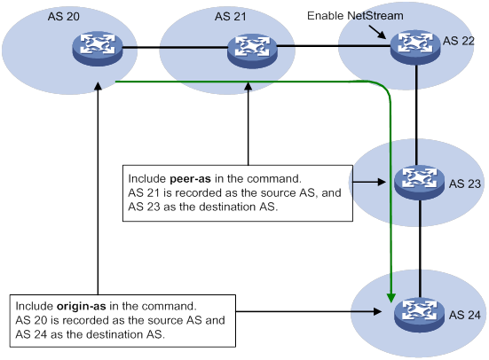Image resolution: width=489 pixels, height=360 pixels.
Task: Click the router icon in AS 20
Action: click(x=98, y=48)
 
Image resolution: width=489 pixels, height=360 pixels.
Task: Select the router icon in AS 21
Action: click(x=252, y=51)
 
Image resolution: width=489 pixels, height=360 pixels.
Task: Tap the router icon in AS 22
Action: click(x=415, y=47)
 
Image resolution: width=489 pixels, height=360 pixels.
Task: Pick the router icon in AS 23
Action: click(x=420, y=183)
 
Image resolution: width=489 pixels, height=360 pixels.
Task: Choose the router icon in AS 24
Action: click(x=420, y=316)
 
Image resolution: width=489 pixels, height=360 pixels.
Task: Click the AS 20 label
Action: click(x=64, y=17)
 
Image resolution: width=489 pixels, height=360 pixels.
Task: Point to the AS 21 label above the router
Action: click(x=231, y=17)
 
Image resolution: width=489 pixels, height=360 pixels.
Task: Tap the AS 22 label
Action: click(x=459, y=41)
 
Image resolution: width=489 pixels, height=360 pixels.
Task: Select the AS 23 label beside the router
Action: click(x=465, y=184)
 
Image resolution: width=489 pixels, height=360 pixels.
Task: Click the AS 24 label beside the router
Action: click(x=465, y=315)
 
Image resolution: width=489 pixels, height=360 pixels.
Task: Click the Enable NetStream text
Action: click(x=355, y=16)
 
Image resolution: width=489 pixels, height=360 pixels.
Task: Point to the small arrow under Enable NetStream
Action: click(x=378, y=33)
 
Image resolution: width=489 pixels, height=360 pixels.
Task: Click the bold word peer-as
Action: click(x=190, y=179)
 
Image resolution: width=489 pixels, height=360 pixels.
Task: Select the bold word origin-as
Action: click(x=82, y=306)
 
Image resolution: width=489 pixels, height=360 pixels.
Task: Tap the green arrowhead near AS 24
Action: click(x=391, y=298)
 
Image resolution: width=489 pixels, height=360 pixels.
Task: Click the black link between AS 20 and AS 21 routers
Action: click(x=175, y=48)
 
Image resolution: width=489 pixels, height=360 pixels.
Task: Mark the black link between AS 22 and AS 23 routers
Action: click(x=416, y=115)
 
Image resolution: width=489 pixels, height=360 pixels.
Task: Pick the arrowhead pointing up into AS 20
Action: click(x=98, y=86)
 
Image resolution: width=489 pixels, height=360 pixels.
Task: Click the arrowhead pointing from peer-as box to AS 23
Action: click(x=382, y=182)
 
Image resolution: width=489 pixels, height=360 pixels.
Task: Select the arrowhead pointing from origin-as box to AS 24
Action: click(x=378, y=311)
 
